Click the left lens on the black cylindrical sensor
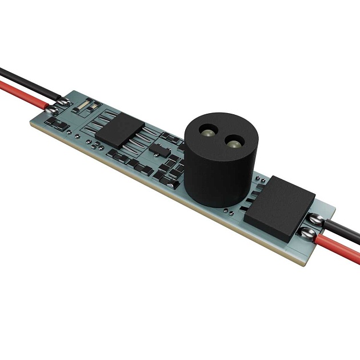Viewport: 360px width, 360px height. [x=207, y=133]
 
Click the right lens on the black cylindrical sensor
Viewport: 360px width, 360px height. [x=234, y=142]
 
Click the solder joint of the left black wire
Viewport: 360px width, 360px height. [x=62, y=102]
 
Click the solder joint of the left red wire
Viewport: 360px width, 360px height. [x=53, y=109]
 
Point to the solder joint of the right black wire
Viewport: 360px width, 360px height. [x=316, y=218]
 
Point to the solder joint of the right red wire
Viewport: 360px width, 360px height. [x=306, y=232]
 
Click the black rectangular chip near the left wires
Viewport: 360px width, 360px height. [x=121, y=129]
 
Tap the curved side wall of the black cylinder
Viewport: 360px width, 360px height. [x=217, y=177]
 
